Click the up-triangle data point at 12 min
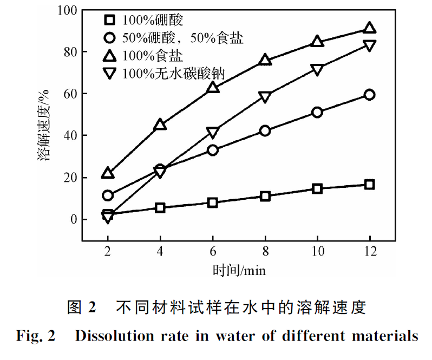click(369, 28)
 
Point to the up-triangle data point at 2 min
click(108, 173)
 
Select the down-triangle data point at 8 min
click(265, 97)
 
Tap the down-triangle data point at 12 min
click(369, 46)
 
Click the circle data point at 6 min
click(213, 150)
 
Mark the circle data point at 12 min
click(369, 95)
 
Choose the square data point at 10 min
click(317, 188)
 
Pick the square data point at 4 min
click(160, 207)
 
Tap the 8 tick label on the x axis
click(265, 252)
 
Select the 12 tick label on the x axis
click(369, 252)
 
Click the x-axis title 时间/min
click(239, 269)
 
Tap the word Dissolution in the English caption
click(106, 336)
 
